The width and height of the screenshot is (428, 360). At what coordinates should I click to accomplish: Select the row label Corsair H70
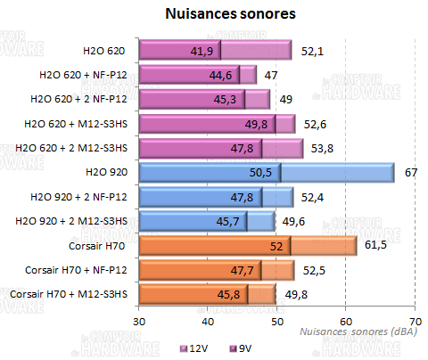(x=100, y=244)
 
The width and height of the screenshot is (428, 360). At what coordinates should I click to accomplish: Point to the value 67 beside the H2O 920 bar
(x=411, y=172)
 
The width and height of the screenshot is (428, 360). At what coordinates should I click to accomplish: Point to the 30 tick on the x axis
(x=139, y=318)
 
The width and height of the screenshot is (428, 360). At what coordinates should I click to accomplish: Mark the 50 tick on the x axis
(x=276, y=318)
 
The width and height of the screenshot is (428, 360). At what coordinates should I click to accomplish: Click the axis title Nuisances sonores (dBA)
(x=355, y=331)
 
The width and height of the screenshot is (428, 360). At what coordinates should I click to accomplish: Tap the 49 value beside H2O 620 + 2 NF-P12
(x=286, y=99)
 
